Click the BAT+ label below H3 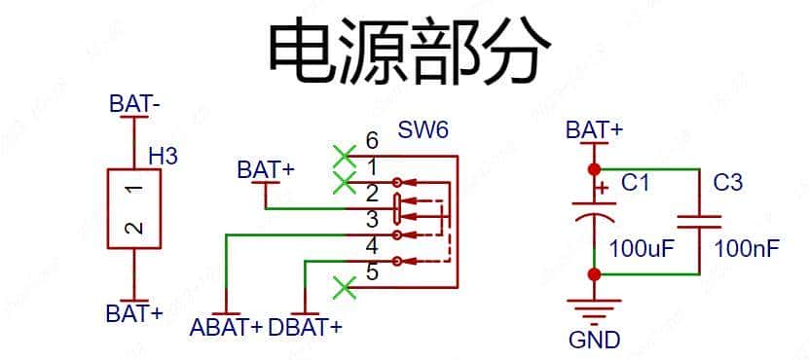pos(135,313)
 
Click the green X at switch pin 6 pos(343,155)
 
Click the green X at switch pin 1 pos(343,182)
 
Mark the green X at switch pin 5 pos(343,288)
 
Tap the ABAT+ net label pos(227,327)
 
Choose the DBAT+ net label pos(306,327)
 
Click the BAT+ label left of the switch pos(266,169)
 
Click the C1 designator pos(635,182)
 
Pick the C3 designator pos(727,182)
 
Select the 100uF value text pos(642,248)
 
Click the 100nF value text pos(747,248)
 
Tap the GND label pos(594,341)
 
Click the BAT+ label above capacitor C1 pos(594,130)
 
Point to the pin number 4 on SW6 pos(371,246)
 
